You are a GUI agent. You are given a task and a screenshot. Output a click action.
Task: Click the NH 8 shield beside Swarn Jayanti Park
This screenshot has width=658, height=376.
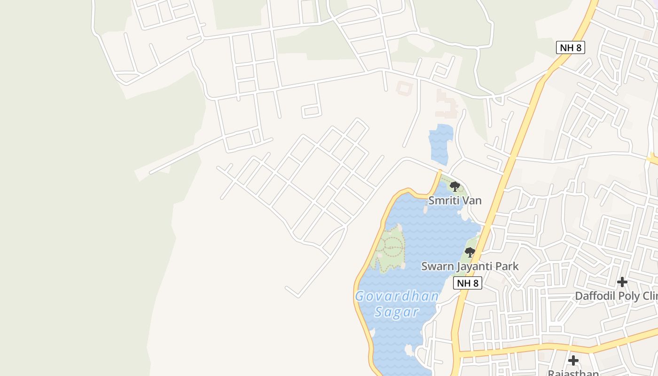468,283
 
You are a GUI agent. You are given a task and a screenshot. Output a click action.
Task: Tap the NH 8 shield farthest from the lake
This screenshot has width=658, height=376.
570,47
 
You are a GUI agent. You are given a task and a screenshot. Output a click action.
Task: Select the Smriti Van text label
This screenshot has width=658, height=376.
454,201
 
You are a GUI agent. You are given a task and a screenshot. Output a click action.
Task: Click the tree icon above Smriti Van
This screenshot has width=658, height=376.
454,186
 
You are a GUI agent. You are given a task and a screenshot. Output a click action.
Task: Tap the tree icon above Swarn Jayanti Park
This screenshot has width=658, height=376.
470,252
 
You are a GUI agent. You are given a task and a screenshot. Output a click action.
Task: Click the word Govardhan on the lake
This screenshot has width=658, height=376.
397,297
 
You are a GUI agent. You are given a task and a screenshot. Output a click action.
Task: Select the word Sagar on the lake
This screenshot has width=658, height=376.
397,312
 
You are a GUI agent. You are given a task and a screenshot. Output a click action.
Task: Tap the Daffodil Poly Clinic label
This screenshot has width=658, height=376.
616,296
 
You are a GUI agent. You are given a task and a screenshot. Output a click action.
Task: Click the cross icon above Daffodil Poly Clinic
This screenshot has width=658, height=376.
622,282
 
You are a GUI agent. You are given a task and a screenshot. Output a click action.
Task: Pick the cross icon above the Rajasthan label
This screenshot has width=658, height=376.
573,360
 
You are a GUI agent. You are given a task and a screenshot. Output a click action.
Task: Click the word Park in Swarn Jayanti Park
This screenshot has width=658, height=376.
507,266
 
